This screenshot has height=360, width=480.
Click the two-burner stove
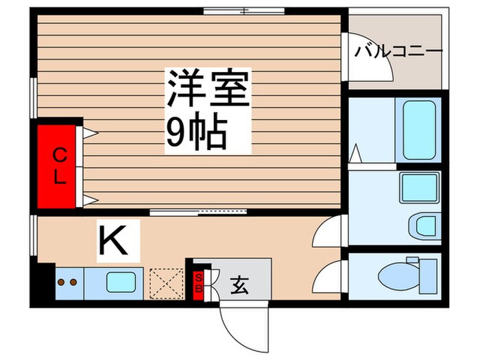coord(67,282)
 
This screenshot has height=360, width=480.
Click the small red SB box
coord(200,282)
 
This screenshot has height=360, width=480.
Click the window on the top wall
coord(244,10)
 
